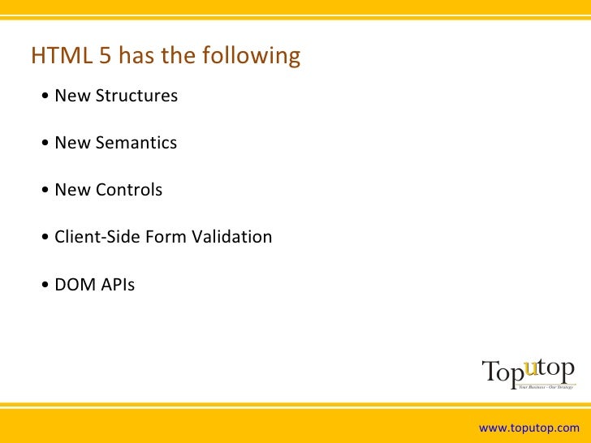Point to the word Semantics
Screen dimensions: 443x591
[x=136, y=143]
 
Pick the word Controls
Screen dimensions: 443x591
[x=129, y=190]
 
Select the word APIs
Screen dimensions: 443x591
[x=114, y=285]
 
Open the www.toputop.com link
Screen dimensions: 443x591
[x=529, y=428]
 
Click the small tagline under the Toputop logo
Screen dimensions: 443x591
[x=546, y=387]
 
